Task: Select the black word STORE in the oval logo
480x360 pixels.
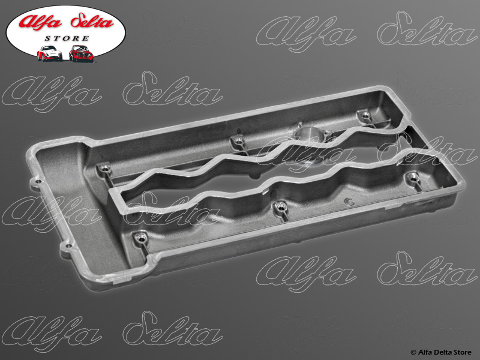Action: pyautogui.click(x=67, y=38)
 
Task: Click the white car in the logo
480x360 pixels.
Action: pyautogui.click(x=50, y=53)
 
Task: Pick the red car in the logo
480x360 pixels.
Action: pyautogui.click(x=81, y=53)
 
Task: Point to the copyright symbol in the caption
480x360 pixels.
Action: pyautogui.click(x=413, y=353)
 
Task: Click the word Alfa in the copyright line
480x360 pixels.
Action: pyautogui.click(x=424, y=352)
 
